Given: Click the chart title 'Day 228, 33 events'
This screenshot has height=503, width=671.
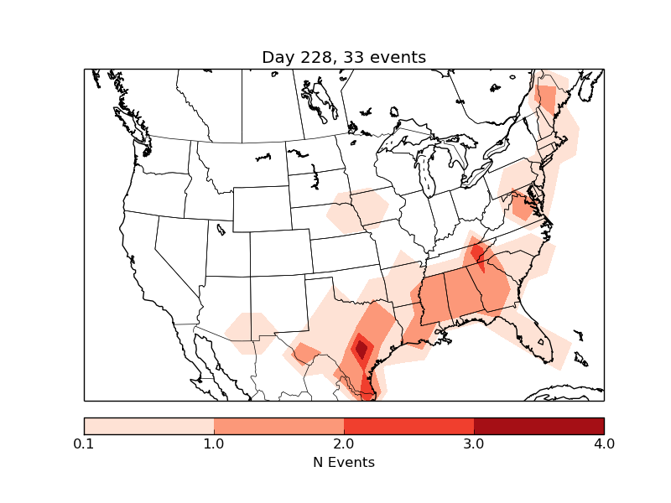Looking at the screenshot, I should click(344, 57).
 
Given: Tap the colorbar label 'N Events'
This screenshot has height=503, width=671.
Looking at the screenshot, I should click(344, 462).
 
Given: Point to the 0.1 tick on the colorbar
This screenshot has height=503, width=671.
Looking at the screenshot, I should click(84, 443).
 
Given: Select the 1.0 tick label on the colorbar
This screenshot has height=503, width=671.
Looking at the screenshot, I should click(214, 443).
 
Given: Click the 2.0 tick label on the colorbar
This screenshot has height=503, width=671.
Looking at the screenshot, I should click(344, 443).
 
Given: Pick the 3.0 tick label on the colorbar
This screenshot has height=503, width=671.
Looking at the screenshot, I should click(474, 443).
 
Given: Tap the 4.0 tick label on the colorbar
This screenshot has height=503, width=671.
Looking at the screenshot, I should click(603, 443).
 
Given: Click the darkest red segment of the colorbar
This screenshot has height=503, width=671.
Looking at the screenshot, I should click(538, 425).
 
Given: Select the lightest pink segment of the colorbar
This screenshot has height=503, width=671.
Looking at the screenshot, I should click(149, 425).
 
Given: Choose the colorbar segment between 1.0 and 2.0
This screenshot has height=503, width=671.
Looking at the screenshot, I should click(279, 425).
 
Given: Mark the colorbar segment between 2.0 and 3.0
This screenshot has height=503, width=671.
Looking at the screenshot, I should click(409, 425).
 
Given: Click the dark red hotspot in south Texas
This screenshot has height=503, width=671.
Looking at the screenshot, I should click(362, 347).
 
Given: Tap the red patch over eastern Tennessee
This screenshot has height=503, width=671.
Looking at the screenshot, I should click(477, 251).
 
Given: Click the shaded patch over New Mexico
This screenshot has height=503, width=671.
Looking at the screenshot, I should click(250, 333).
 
